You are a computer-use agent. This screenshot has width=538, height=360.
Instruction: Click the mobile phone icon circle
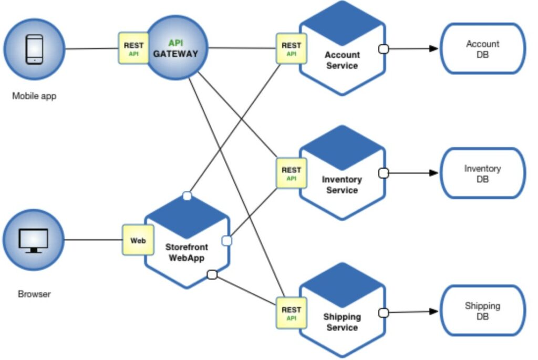(x=34, y=49)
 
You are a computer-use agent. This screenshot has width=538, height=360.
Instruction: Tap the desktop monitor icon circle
(x=33, y=240)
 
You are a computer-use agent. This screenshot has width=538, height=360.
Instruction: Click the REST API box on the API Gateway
(x=133, y=49)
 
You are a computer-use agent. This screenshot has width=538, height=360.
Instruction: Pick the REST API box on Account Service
(x=291, y=49)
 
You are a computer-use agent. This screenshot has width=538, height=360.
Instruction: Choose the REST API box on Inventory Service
(x=291, y=173)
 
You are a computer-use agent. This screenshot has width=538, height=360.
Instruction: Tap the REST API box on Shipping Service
(x=291, y=313)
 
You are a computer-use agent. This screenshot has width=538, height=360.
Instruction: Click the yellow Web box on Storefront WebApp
(x=138, y=240)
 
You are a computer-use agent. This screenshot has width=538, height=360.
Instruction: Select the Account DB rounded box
(x=482, y=48)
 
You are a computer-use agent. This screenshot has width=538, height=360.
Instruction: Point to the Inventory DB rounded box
(x=482, y=173)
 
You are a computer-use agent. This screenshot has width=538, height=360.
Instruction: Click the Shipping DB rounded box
(x=482, y=311)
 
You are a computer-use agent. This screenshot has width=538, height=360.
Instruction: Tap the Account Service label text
(x=342, y=60)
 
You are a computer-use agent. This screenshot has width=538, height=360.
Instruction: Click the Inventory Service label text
(x=342, y=185)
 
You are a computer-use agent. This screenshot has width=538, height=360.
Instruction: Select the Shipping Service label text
(x=342, y=322)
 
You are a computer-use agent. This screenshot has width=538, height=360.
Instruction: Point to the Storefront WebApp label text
(x=187, y=252)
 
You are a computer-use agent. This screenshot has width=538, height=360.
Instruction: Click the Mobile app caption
(x=34, y=96)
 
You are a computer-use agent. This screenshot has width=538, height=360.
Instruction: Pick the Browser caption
(x=34, y=294)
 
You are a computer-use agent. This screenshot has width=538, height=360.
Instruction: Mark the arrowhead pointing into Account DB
(x=433, y=49)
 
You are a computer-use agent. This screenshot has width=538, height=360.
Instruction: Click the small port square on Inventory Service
(x=384, y=173)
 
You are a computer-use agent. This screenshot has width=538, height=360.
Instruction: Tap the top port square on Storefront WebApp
(x=187, y=196)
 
